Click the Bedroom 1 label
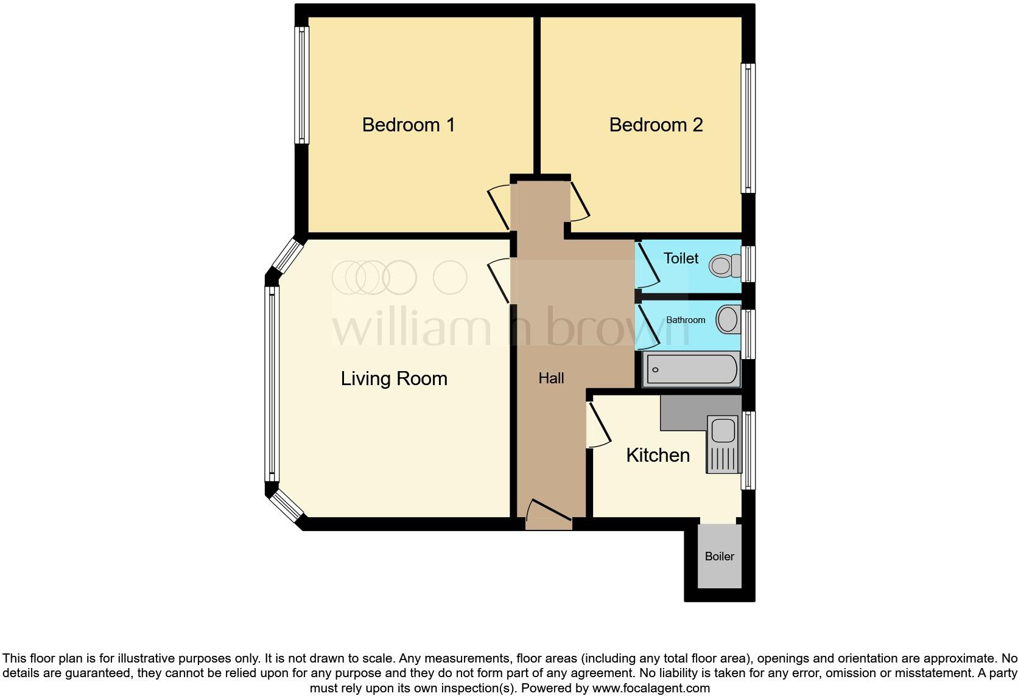[408, 125]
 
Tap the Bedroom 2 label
[656, 125]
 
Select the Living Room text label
[394, 378]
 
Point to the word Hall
[551, 378]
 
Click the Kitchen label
[658, 455]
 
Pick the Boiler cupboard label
[719, 556]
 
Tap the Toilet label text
[681, 258]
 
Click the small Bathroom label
[686, 320]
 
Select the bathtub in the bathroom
[692, 369]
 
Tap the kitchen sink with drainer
[723, 444]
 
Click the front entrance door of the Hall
[549, 515]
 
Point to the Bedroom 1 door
[499, 208]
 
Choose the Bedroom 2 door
[580, 202]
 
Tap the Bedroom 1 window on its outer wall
[301, 85]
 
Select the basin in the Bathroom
[727, 319]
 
